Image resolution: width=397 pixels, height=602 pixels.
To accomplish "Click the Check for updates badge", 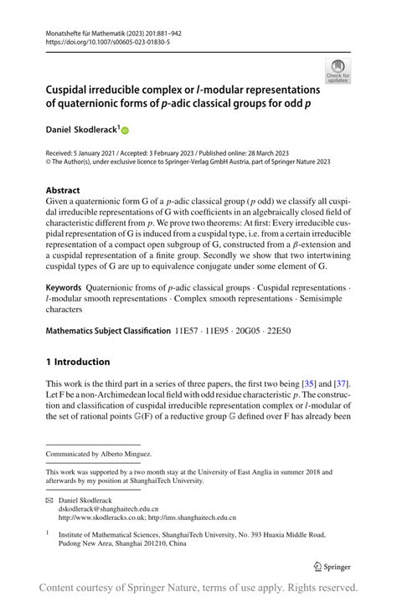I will tap(338, 71).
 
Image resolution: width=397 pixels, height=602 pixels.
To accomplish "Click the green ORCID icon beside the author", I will tap(127, 131).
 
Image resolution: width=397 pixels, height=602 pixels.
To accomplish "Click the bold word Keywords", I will tap(64, 288).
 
